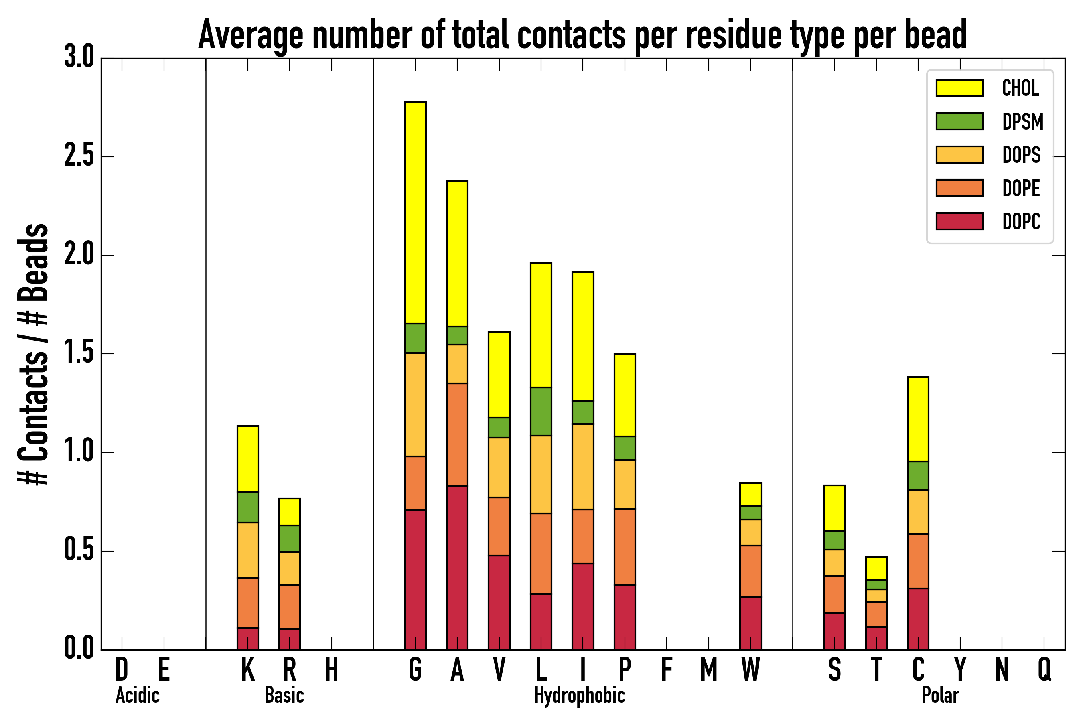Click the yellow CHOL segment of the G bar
coord(415,213)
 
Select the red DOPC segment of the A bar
coord(457,567)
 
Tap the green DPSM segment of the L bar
coord(541,411)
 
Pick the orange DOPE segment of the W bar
coord(750,571)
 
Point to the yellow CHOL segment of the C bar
coord(918,419)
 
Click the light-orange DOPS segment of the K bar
coord(248,550)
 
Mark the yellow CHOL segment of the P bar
coord(625,395)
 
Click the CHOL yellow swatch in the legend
coord(959,88)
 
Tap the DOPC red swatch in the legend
coord(959,221)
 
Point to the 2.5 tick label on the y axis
coord(79,156)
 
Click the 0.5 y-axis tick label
coord(79,550)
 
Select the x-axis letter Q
coord(1044,669)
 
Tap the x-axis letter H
coord(332,669)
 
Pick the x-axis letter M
coord(709,669)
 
